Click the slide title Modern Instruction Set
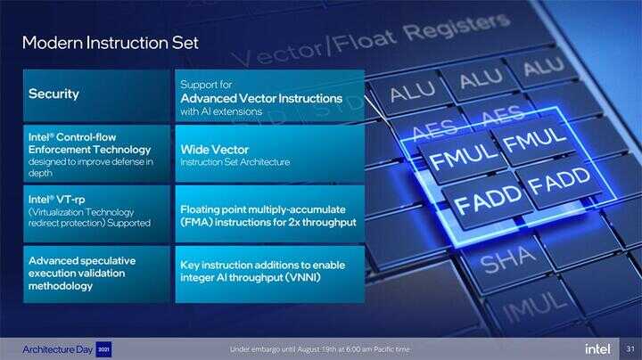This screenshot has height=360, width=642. [x=111, y=43]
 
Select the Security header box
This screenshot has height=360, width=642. [x=96, y=95]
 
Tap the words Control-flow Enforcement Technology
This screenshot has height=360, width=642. [x=90, y=143]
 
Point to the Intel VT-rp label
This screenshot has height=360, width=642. [x=56, y=200]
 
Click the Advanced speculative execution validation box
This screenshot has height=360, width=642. [x=96, y=274]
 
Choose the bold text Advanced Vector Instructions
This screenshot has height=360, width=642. [x=261, y=99]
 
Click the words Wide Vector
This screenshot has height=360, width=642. [x=215, y=150]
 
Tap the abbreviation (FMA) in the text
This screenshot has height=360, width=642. [x=195, y=222]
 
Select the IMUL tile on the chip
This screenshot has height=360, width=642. [x=535, y=305]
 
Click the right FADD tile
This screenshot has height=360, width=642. [x=559, y=180]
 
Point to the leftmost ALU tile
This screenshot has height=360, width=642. [x=412, y=91]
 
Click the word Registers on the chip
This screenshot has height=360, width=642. [x=457, y=28]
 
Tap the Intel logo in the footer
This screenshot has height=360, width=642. [x=597, y=349]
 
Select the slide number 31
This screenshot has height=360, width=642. [x=630, y=348]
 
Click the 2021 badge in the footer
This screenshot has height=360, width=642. [x=103, y=349]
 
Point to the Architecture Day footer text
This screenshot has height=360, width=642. [x=58, y=349]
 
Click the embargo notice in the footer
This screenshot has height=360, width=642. [x=319, y=349]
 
